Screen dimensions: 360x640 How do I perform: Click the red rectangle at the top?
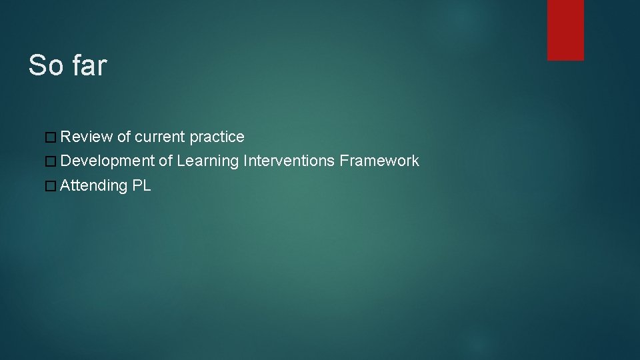(x=565, y=30)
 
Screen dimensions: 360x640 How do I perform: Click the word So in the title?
(x=45, y=65)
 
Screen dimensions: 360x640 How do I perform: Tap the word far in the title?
(x=89, y=65)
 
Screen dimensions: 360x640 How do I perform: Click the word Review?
(x=87, y=137)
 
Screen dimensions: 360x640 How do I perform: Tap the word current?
(x=160, y=137)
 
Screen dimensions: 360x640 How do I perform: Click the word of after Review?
(x=124, y=137)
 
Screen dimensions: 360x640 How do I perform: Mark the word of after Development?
(x=166, y=161)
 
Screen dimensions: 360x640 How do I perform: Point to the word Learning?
(x=208, y=161)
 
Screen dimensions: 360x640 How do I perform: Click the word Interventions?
(x=289, y=161)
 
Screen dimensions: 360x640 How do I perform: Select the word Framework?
(x=379, y=161)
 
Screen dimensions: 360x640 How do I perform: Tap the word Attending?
(x=93, y=186)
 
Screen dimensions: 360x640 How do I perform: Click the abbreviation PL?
(x=142, y=185)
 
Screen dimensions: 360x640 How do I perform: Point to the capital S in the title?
(x=37, y=65)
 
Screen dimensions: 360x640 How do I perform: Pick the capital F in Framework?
(x=344, y=161)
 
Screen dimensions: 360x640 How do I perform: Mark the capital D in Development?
(x=65, y=161)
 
